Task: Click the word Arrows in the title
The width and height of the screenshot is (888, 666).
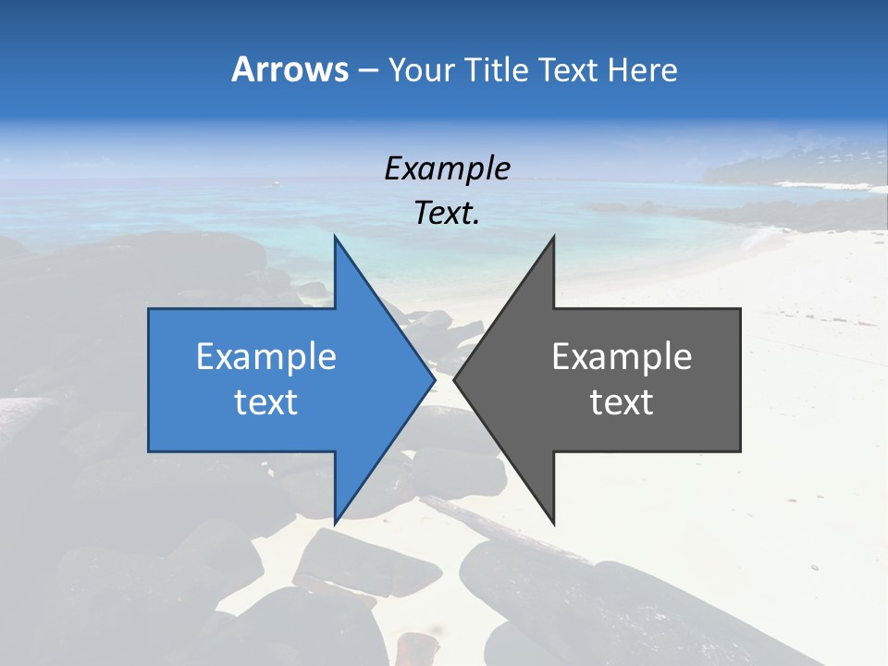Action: (x=290, y=69)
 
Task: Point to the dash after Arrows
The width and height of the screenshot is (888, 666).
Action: (x=367, y=70)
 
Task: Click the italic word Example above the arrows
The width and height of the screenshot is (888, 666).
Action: (x=447, y=168)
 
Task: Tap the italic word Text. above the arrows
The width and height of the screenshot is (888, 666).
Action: (x=447, y=213)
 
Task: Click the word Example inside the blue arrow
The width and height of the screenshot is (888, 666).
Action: (x=265, y=357)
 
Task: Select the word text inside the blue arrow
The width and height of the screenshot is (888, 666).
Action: (x=265, y=402)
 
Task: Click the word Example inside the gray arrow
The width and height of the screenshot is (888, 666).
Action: (x=622, y=357)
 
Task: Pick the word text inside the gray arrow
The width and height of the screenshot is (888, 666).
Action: (x=622, y=402)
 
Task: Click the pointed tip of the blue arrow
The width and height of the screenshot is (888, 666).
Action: (x=435, y=379)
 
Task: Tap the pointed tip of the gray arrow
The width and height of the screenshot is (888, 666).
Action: (x=454, y=379)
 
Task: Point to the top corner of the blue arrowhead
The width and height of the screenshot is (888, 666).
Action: (x=335, y=237)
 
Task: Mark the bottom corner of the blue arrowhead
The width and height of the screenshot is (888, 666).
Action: (x=335, y=523)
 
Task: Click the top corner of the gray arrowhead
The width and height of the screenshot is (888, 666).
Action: (x=553, y=237)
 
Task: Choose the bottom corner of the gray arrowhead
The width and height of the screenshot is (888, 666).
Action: (x=553, y=523)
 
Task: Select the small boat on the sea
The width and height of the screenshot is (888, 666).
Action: (x=276, y=183)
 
